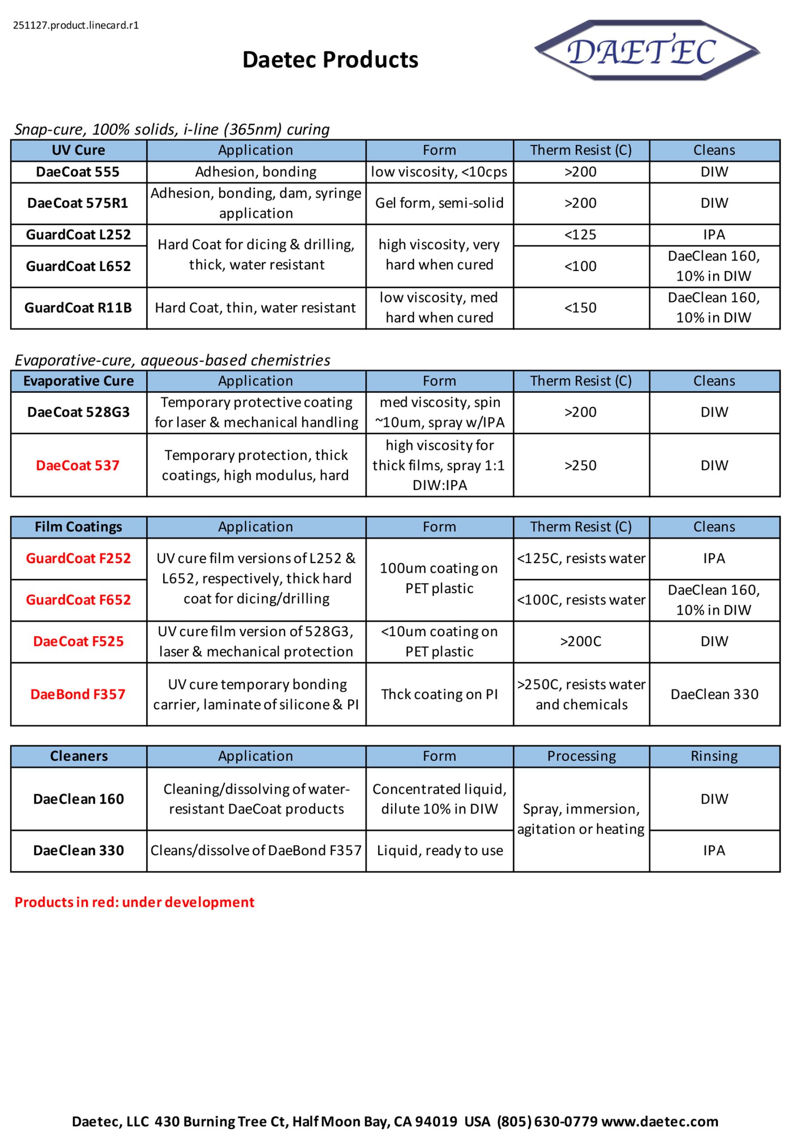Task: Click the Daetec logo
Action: [646, 50]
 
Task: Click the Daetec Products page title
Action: [330, 60]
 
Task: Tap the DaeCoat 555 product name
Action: [78, 172]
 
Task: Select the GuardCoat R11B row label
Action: [78, 307]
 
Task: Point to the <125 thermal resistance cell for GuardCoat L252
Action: [580, 234]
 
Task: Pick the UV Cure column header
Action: [78, 150]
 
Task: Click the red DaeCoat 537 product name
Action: [78, 465]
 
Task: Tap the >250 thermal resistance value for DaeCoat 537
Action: [580, 465]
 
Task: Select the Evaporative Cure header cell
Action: [78, 381]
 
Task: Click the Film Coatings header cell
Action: [78, 526]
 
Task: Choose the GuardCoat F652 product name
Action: [78, 599]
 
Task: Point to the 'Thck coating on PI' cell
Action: [439, 694]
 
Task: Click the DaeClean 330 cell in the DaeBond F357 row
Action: [714, 694]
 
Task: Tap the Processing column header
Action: [581, 756]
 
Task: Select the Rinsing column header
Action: [714, 756]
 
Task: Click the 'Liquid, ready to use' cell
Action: [439, 850]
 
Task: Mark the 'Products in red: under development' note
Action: [134, 902]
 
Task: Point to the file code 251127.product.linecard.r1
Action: [76, 25]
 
